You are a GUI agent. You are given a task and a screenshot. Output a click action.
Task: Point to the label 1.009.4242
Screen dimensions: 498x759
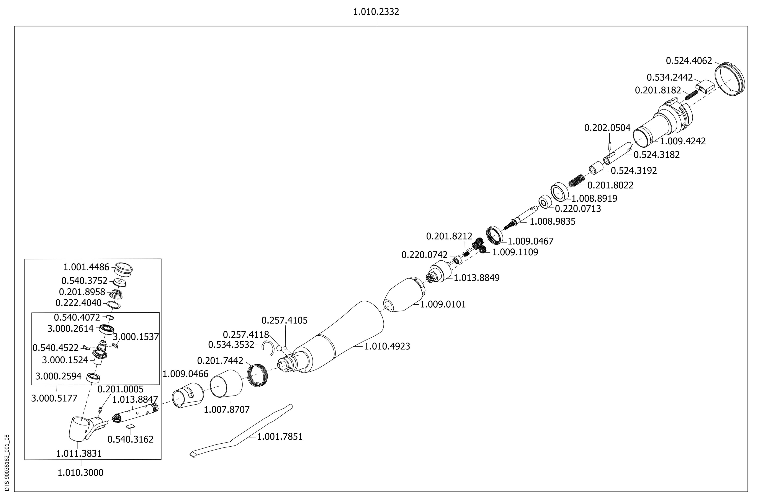(x=682, y=141)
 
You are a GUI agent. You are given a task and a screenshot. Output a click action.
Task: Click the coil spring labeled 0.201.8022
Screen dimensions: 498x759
(x=577, y=181)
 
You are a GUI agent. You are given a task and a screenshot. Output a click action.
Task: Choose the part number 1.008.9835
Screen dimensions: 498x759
(x=552, y=222)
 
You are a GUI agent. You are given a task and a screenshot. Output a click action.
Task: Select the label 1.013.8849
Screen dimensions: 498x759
(x=476, y=278)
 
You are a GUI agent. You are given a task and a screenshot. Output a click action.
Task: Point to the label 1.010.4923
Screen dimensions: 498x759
(x=387, y=346)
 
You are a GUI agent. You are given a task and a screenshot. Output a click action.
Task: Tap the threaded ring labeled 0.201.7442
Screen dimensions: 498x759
(x=258, y=375)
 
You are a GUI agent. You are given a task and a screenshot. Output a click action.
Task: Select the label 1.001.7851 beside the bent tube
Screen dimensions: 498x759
(x=280, y=436)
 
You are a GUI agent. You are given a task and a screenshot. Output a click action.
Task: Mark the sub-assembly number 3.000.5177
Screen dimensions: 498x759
(x=54, y=398)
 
